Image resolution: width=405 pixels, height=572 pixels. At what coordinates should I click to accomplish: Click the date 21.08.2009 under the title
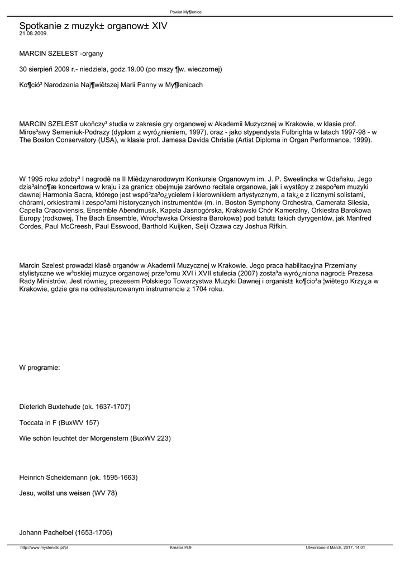tap(34, 34)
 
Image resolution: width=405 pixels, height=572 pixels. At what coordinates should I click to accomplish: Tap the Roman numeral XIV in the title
tap(158, 26)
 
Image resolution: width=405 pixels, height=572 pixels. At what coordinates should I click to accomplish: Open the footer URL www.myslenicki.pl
tap(44, 547)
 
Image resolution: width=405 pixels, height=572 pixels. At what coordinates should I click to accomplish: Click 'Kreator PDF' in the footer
tap(181, 547)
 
